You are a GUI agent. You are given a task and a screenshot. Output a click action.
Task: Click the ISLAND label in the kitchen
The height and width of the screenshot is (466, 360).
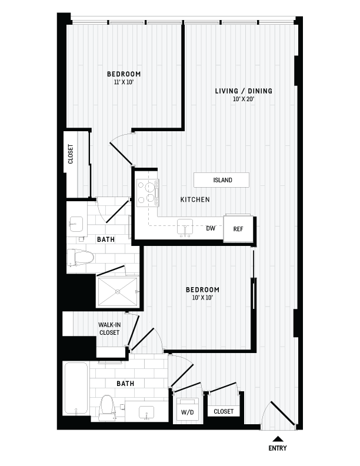click(x=222, y=180)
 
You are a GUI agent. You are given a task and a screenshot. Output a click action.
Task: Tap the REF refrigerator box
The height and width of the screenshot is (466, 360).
click(x=238, y=229)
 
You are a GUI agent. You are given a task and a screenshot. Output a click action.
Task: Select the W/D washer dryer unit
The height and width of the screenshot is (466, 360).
click(x=188, y=411)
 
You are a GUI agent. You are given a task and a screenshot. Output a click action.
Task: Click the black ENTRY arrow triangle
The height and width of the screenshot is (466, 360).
click(x=278, y=438)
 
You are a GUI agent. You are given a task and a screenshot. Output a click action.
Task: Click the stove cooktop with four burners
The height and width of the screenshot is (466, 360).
click(x=148, y=194)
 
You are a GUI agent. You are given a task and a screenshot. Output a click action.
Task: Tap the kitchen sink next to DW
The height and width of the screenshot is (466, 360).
click(x=185, y=228)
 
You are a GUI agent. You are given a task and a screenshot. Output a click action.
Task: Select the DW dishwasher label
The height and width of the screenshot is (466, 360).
click(x=210, y=228)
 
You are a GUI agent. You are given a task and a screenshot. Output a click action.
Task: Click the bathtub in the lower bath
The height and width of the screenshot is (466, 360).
click(x=76, y=390)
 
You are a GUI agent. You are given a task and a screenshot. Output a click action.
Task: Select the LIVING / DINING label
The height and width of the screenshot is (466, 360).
click(x=243, y=91)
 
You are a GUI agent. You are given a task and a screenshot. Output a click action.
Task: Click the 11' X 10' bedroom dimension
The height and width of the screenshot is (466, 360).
click(x=124, y=82)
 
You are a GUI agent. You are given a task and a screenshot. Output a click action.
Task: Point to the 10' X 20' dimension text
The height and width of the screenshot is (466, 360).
click(x=243, y=99)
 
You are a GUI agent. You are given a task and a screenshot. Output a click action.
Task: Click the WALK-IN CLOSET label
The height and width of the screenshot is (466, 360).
click(x=109, y=329)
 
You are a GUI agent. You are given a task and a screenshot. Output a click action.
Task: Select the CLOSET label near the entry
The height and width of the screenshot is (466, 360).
click(x=224, y=411)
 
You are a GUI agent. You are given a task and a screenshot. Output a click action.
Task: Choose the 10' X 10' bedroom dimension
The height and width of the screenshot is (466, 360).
click(x=202, y=298)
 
